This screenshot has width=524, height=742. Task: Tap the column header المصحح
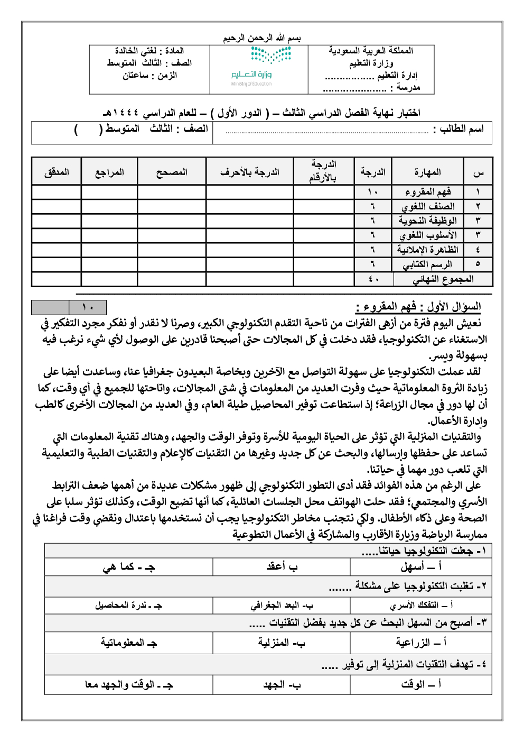[x=172, y=172]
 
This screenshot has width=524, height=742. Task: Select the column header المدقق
[x=57, y=172]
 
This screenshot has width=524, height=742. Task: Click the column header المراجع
[x=109, y=172]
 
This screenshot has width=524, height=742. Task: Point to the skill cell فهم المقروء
[x=427, y=191]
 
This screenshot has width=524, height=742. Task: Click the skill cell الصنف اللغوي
[x=427, y=206]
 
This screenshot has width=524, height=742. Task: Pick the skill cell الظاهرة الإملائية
[x=427, y=250]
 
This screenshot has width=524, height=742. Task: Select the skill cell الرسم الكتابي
[x=427, y=264]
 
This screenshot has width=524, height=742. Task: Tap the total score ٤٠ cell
[x=373, y=279]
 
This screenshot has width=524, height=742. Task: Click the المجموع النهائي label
[x=443, y=279]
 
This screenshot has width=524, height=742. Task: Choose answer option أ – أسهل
[x=421, y=567]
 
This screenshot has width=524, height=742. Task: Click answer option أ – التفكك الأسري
[x=421, y=605]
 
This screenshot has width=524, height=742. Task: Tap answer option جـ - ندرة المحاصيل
[x=128, y=605]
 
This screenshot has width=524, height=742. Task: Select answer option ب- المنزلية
[x=282, y=643]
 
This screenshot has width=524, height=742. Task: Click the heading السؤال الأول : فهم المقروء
[x=418, y=307]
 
